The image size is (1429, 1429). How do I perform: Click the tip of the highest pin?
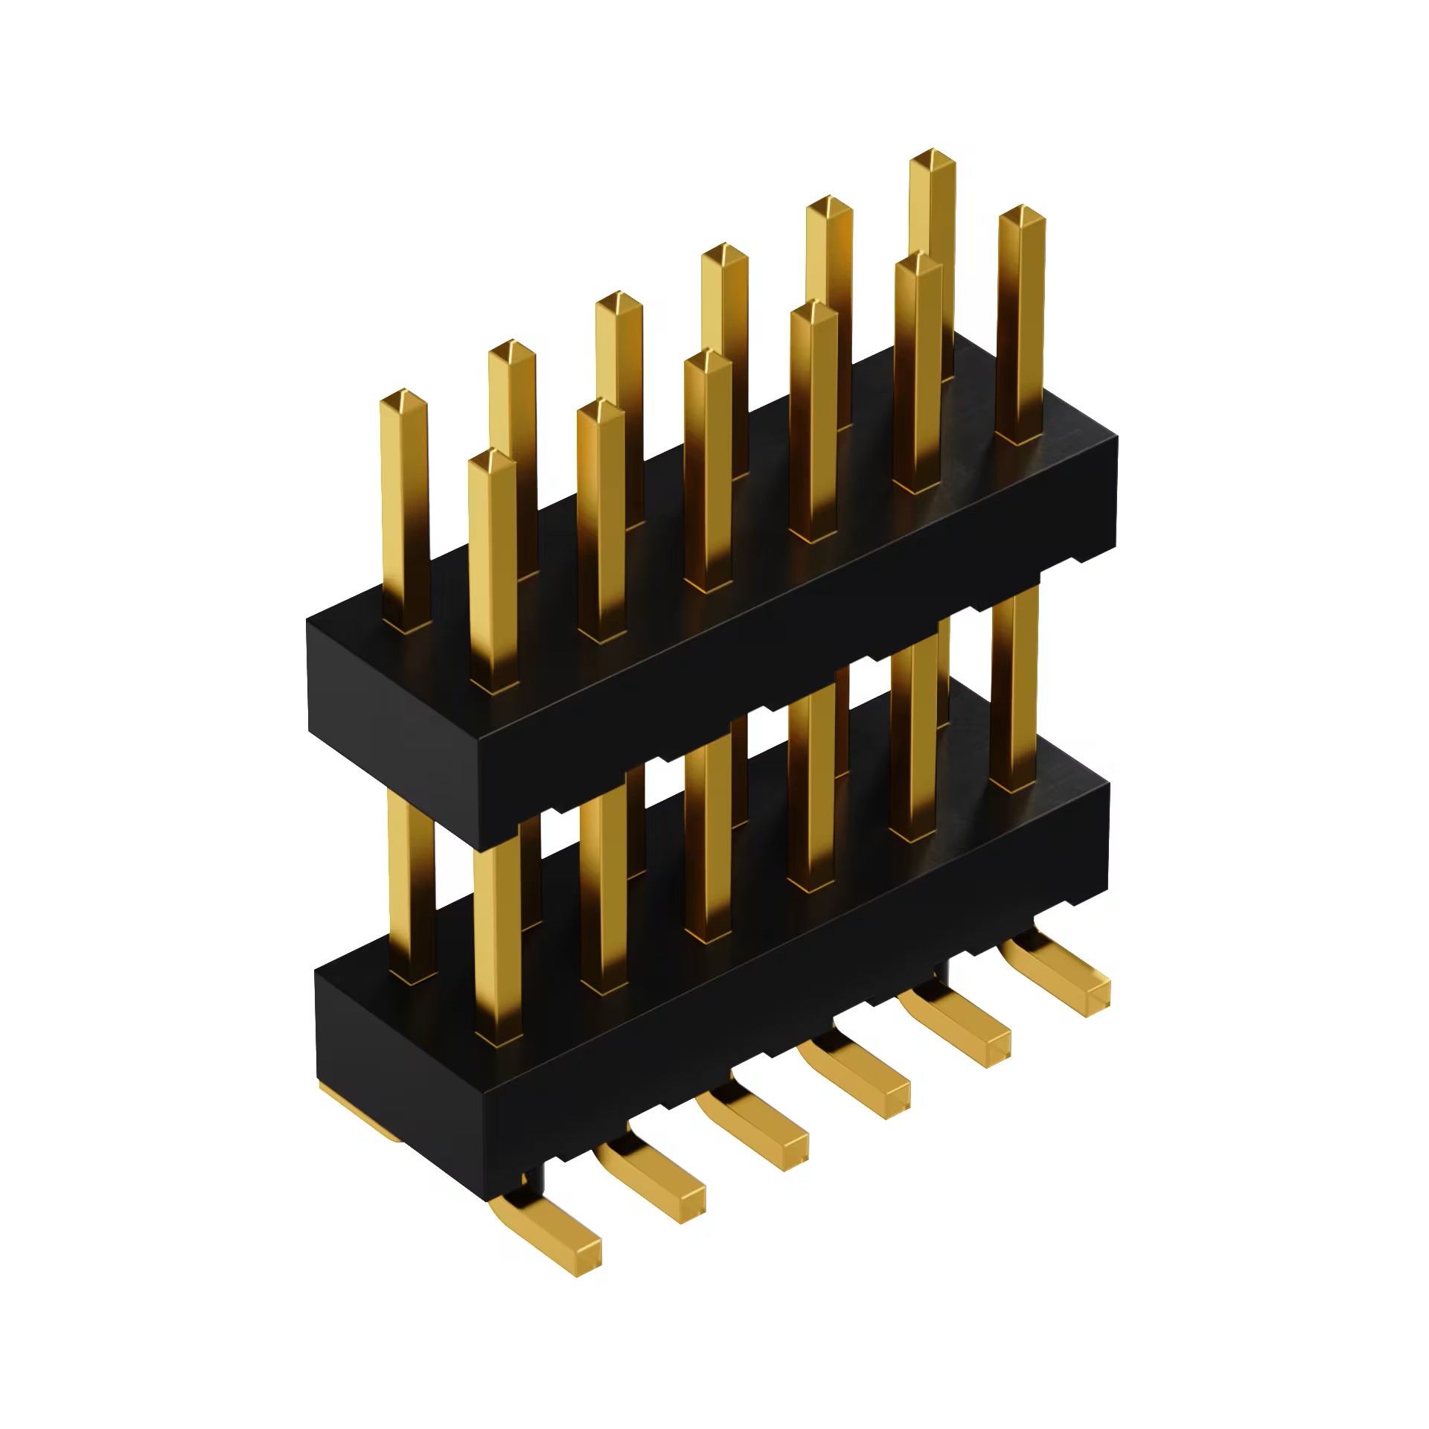click(932, 159)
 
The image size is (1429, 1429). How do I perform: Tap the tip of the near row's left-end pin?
click(492, 458)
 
